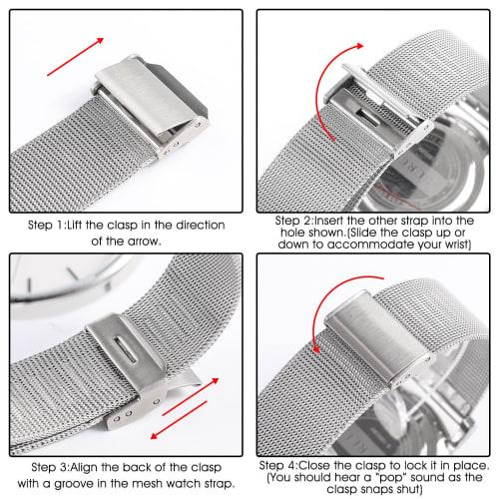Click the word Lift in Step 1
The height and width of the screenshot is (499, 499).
90,225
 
